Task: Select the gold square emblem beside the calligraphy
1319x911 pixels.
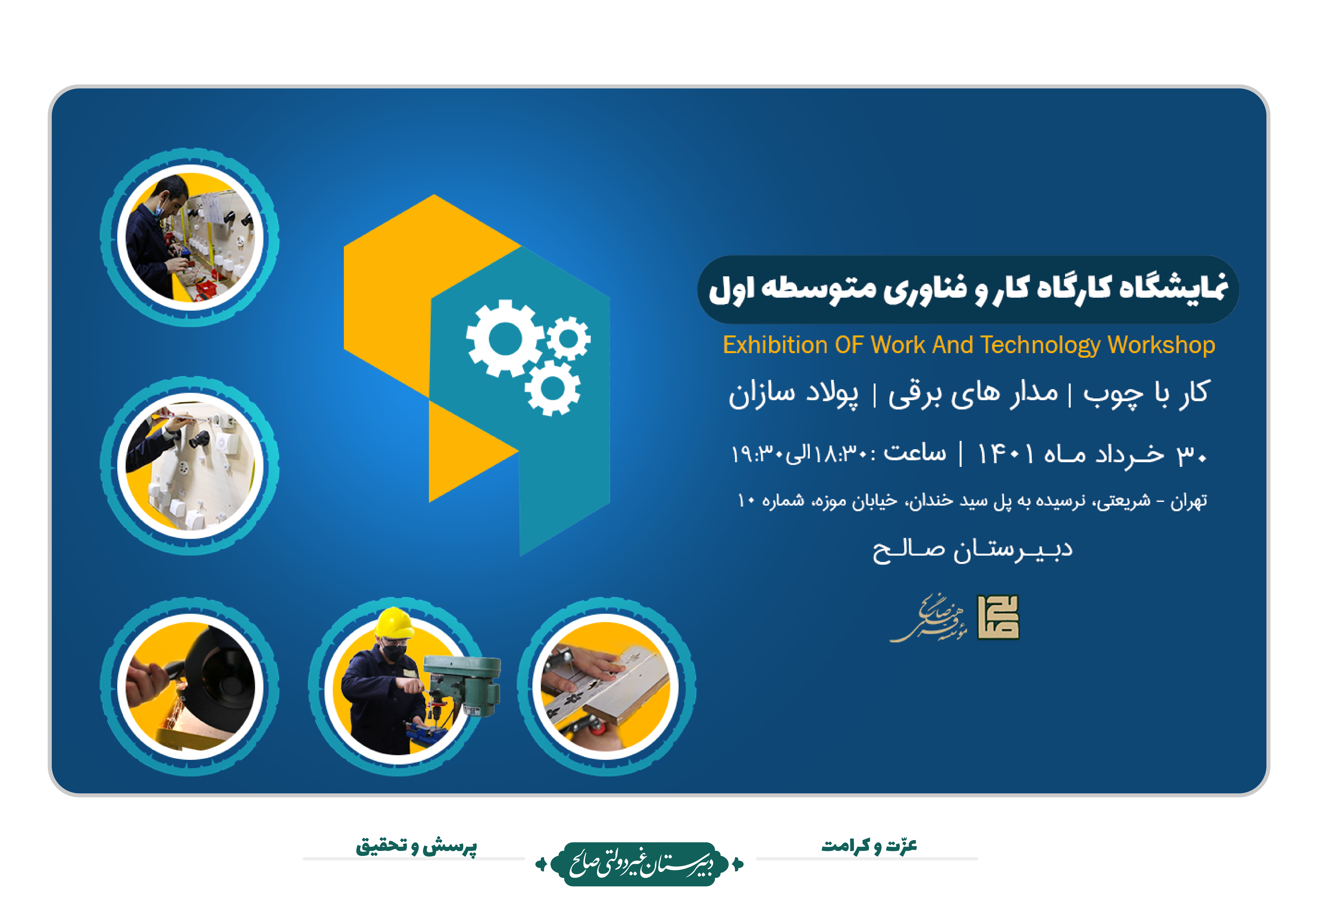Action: tap(998, 618)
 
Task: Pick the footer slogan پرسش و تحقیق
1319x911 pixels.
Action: tap(417, 845)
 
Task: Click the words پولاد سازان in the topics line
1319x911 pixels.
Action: tap(793, 394)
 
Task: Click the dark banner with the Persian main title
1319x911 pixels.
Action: tap(968, 289)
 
